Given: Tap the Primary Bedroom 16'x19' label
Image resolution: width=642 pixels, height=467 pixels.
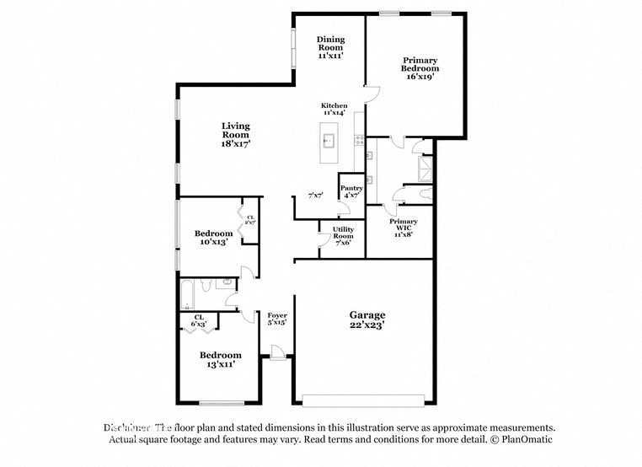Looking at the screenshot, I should [x=420, y=68].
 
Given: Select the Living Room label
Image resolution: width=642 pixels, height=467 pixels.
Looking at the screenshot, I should [x=236, y=135].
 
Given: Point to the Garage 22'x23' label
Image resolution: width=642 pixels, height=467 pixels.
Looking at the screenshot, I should [x=367, y=319].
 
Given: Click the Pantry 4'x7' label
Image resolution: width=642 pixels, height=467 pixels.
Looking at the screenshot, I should [x=351, y=191].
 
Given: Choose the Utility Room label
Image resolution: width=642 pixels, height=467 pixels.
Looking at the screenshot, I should [x=343, y=235].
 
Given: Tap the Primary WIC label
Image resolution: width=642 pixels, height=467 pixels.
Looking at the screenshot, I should [x=404, y=227].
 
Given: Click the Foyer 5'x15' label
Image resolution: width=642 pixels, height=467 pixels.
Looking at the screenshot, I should [x=277, y=319].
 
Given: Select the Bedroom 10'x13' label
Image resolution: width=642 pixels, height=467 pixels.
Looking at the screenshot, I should [x=214, y=238].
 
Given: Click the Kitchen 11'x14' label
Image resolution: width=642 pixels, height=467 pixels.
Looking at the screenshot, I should [x=334, y=109].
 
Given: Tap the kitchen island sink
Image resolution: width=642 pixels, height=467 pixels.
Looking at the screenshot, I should [x=329, y=139].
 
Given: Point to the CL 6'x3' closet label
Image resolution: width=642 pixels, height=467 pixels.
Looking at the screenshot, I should [x=199, y=320].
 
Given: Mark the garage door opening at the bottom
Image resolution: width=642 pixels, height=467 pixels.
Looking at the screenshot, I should [x=363, y=400].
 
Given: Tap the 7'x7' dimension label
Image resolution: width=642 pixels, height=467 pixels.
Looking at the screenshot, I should [x=316, y=196].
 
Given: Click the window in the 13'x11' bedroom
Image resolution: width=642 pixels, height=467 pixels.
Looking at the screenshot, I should [x=221, y=402].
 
